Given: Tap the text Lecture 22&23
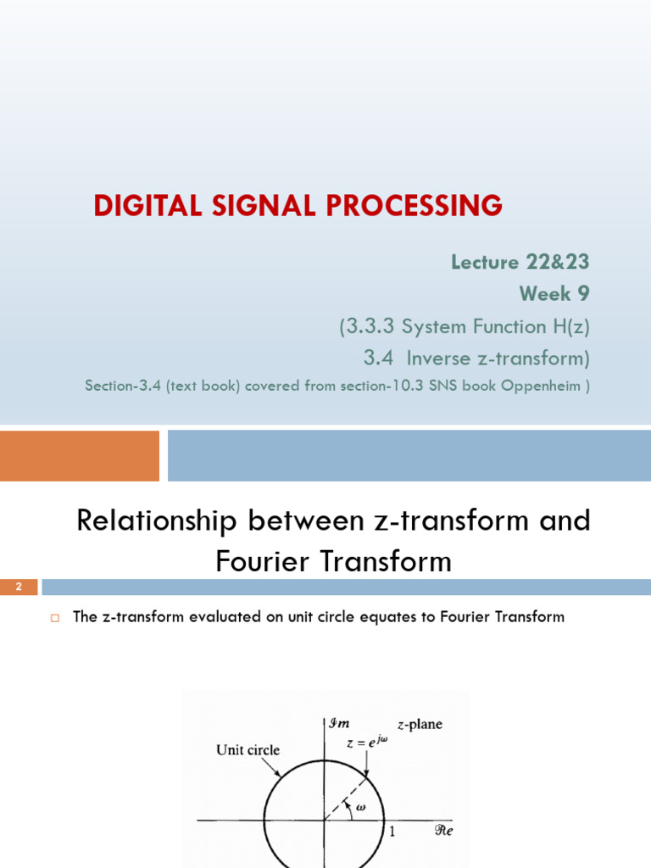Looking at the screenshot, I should [x=520, y=262].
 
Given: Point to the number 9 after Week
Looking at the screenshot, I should [x=582, y=293].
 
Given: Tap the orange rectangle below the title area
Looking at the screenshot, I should [x=80, y=456].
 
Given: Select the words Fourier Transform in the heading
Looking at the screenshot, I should [x=334, y=561].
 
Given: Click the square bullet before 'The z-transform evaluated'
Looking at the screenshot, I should [x=53, y=618].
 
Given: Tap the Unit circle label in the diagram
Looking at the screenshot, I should [x=248, y=750].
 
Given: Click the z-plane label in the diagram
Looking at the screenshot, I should [x=420, y=725].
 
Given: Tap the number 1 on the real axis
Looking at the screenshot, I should [x=392, y=832].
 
